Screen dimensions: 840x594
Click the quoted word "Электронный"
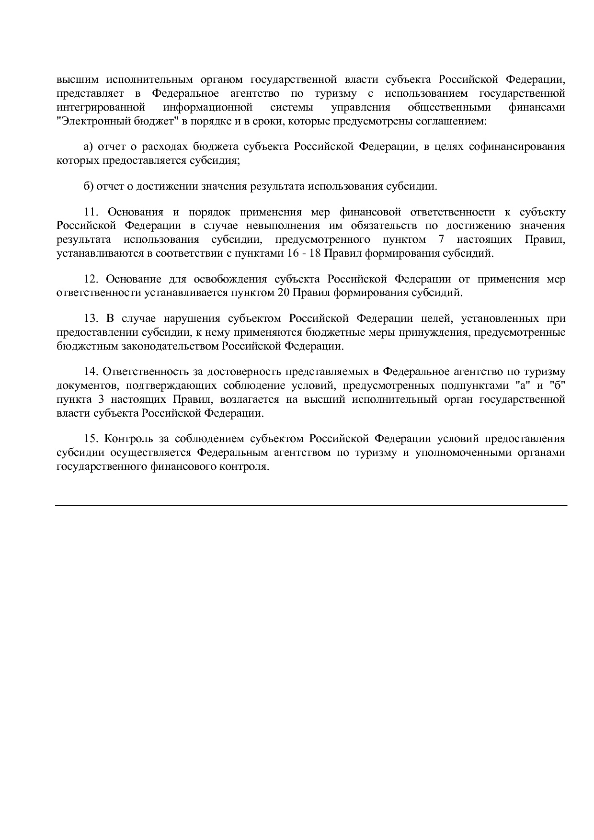[86, 121]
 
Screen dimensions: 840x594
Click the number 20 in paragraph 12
[283, 293]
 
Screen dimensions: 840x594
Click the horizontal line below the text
[311, 505]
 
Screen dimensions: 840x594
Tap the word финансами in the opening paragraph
[537, 107]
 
